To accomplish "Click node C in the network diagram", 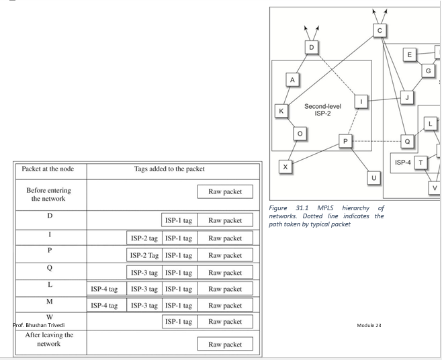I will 380,30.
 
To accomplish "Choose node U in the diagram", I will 373,177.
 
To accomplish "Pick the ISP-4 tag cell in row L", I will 105,289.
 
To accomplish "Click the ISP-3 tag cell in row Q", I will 144,272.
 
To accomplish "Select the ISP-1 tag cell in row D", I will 179,220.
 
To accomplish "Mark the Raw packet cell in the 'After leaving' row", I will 224,345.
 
